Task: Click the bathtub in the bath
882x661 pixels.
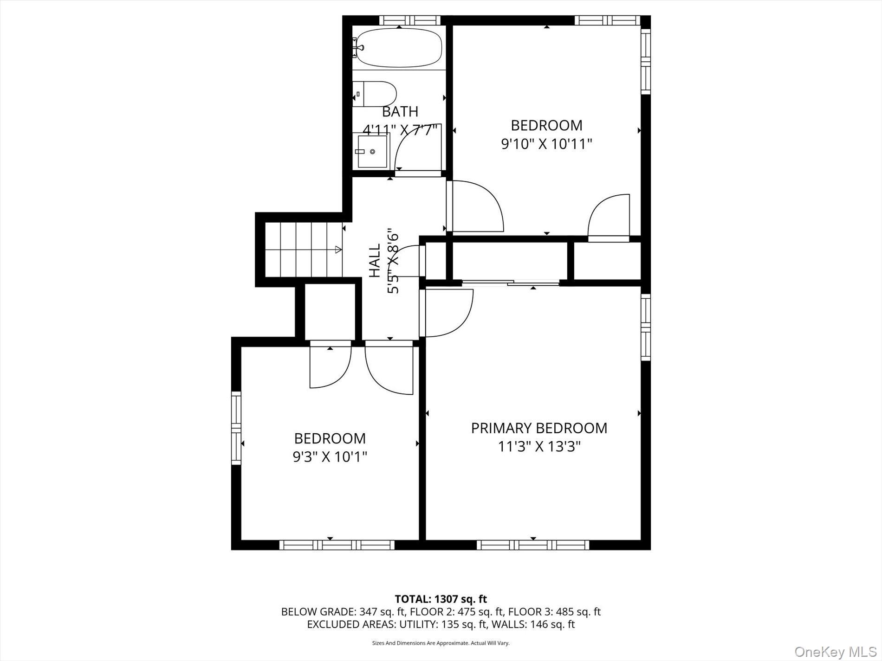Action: pyautogui.click(x=399, y=48)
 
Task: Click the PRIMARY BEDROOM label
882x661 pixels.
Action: pyautogui.click(x=539, y=428)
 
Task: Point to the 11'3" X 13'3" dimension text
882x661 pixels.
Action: pyautogui.click(x=539, y=447)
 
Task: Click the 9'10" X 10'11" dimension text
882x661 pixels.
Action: pyautogui.click(x=546, y=144)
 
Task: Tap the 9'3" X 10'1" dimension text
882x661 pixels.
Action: pyautogui.click(x=330, y=457)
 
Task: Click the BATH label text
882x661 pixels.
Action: pyautogui.click(x=400, y=112)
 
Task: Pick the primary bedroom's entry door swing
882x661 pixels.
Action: pyautogui.click(x=448, y=313)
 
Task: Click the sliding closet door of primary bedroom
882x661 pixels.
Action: pyautogui.click(x=511, y=282)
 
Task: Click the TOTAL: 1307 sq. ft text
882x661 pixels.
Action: pyautogui.click(x=441, y=599)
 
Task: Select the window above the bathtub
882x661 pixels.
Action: pyautogui.click(x=409, y=20)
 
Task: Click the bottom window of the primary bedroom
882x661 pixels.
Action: pyautogui.click(x=533, y=545)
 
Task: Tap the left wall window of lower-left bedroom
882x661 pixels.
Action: pyautogui.click(x=236, y=428)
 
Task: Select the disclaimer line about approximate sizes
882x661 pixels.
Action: pyautogui.click(x=441, y=643)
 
